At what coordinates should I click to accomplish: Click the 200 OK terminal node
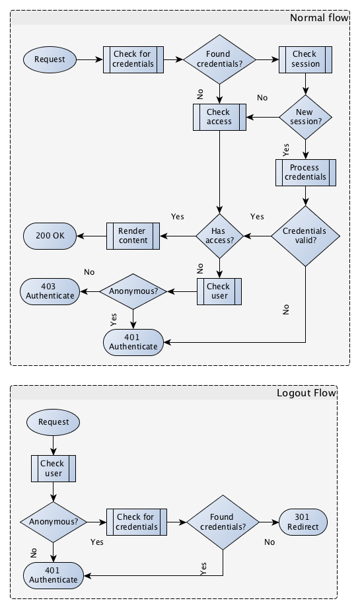(x=50, y=236)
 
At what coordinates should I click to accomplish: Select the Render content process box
(x=133, y=236)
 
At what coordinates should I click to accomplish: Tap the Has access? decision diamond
(x=219, y=236)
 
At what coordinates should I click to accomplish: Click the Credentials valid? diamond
(x=305, y=236)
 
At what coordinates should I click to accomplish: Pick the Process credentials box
(x=305, y=172)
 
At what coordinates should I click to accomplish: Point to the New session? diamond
(x=305, y=117)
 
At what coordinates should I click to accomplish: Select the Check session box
(x=305, y=59)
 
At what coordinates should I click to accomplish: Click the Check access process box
(x=219, y=117)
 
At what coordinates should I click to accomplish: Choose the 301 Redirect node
(x=303, y=522)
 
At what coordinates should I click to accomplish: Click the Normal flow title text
(x=319, y=18)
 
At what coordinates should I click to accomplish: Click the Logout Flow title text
(x=306, y=393)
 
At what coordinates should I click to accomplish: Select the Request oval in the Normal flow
(x=50, y=59)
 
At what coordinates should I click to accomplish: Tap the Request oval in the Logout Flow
(x=54, y=421)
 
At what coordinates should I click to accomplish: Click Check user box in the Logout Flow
(x=54, y=468)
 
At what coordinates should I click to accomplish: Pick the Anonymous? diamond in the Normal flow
(x=133, y=291)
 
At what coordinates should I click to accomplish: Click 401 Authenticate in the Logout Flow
(x=54, y=575)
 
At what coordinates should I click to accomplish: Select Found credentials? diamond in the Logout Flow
(x=222, y=522)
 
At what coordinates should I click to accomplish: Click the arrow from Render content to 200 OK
(x=91, y=236)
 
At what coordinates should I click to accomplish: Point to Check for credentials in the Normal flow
(x=133, y=59)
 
